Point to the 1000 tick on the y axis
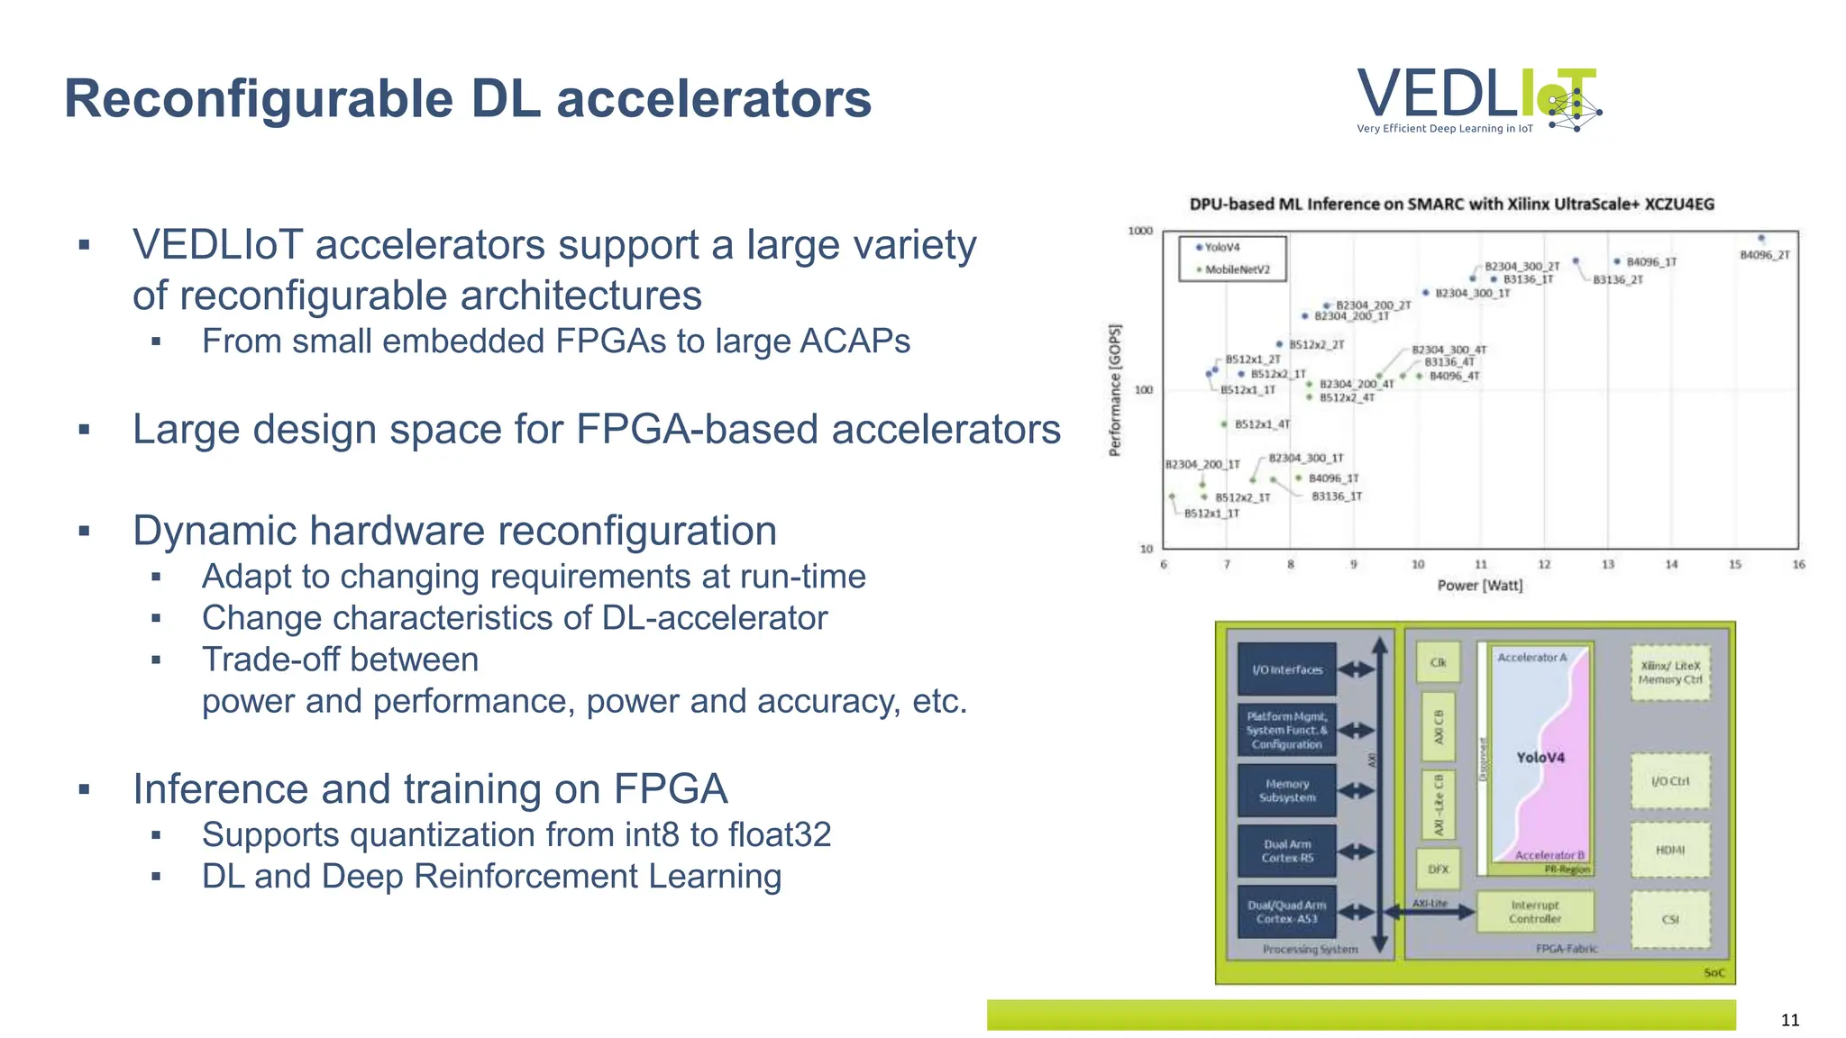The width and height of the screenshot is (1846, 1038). point(1140,231)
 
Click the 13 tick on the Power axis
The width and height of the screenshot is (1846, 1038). point(1607,565)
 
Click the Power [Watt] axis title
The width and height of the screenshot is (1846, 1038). point(1479,586)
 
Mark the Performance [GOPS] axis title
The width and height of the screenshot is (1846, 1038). point(1115,389)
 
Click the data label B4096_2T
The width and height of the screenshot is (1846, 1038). point(1764,255)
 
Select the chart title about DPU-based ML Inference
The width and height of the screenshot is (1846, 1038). point(1451,204)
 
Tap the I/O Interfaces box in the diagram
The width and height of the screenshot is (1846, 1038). point(1286,669)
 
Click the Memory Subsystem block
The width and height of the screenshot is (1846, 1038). point(1286,790)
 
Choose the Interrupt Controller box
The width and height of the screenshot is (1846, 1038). point(1534,912)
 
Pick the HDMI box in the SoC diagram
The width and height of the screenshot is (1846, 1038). point(1669,850)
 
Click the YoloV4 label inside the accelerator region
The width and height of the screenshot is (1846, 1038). point(1540,758)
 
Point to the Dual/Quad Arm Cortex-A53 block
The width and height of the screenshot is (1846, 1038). point(1286,912)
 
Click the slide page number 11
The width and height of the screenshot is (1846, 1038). point(1789,1020)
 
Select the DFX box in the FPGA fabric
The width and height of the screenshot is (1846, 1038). point(1438,869)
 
